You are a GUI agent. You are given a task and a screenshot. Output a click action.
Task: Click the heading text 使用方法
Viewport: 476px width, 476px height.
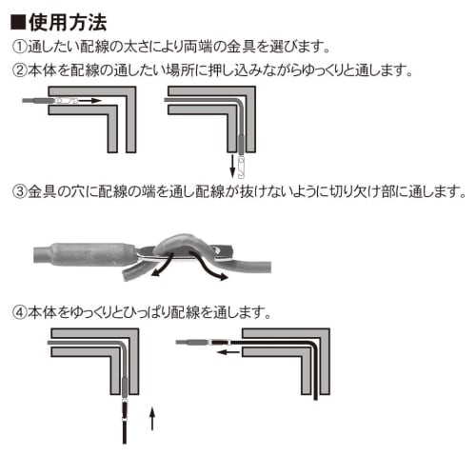pyautogui.click(x=64, y=18)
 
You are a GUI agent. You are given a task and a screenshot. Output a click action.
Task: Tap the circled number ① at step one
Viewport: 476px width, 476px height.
pyautogui.click(x=19, y=46)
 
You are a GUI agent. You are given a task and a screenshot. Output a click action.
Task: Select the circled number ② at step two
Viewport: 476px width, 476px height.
pyautogui.click(x=19, y=70)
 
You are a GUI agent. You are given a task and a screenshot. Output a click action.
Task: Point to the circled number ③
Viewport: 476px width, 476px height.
pyautogui.click(x=19, y=192)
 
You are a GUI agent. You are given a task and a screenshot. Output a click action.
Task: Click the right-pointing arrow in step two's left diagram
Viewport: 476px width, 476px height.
pyautogui.click(x=90, y=100)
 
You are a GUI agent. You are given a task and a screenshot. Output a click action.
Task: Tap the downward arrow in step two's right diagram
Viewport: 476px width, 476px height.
pyautogui.click(x=231, y=166)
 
